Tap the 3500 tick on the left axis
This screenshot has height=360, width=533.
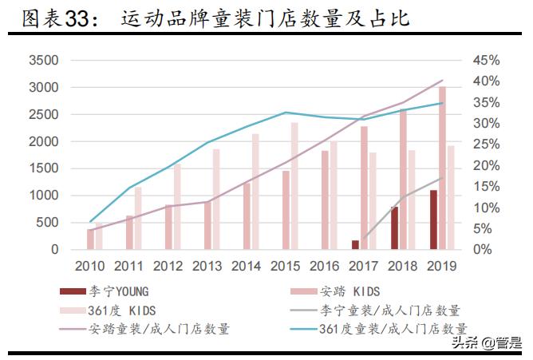point(43,61)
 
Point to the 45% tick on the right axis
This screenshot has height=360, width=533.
point(486,61)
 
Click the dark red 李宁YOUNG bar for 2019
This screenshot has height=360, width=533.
point(434,220)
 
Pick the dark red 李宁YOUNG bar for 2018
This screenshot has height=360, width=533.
point(394,227)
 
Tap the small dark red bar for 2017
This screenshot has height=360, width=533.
point(355,244)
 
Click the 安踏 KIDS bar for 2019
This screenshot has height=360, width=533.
point(442,168)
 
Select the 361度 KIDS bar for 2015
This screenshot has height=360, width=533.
point(294,185)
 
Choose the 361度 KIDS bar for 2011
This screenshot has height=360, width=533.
point(138,218)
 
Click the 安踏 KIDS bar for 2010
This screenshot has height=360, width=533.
point(91,239)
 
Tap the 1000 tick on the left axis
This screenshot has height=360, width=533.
point(43,196)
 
